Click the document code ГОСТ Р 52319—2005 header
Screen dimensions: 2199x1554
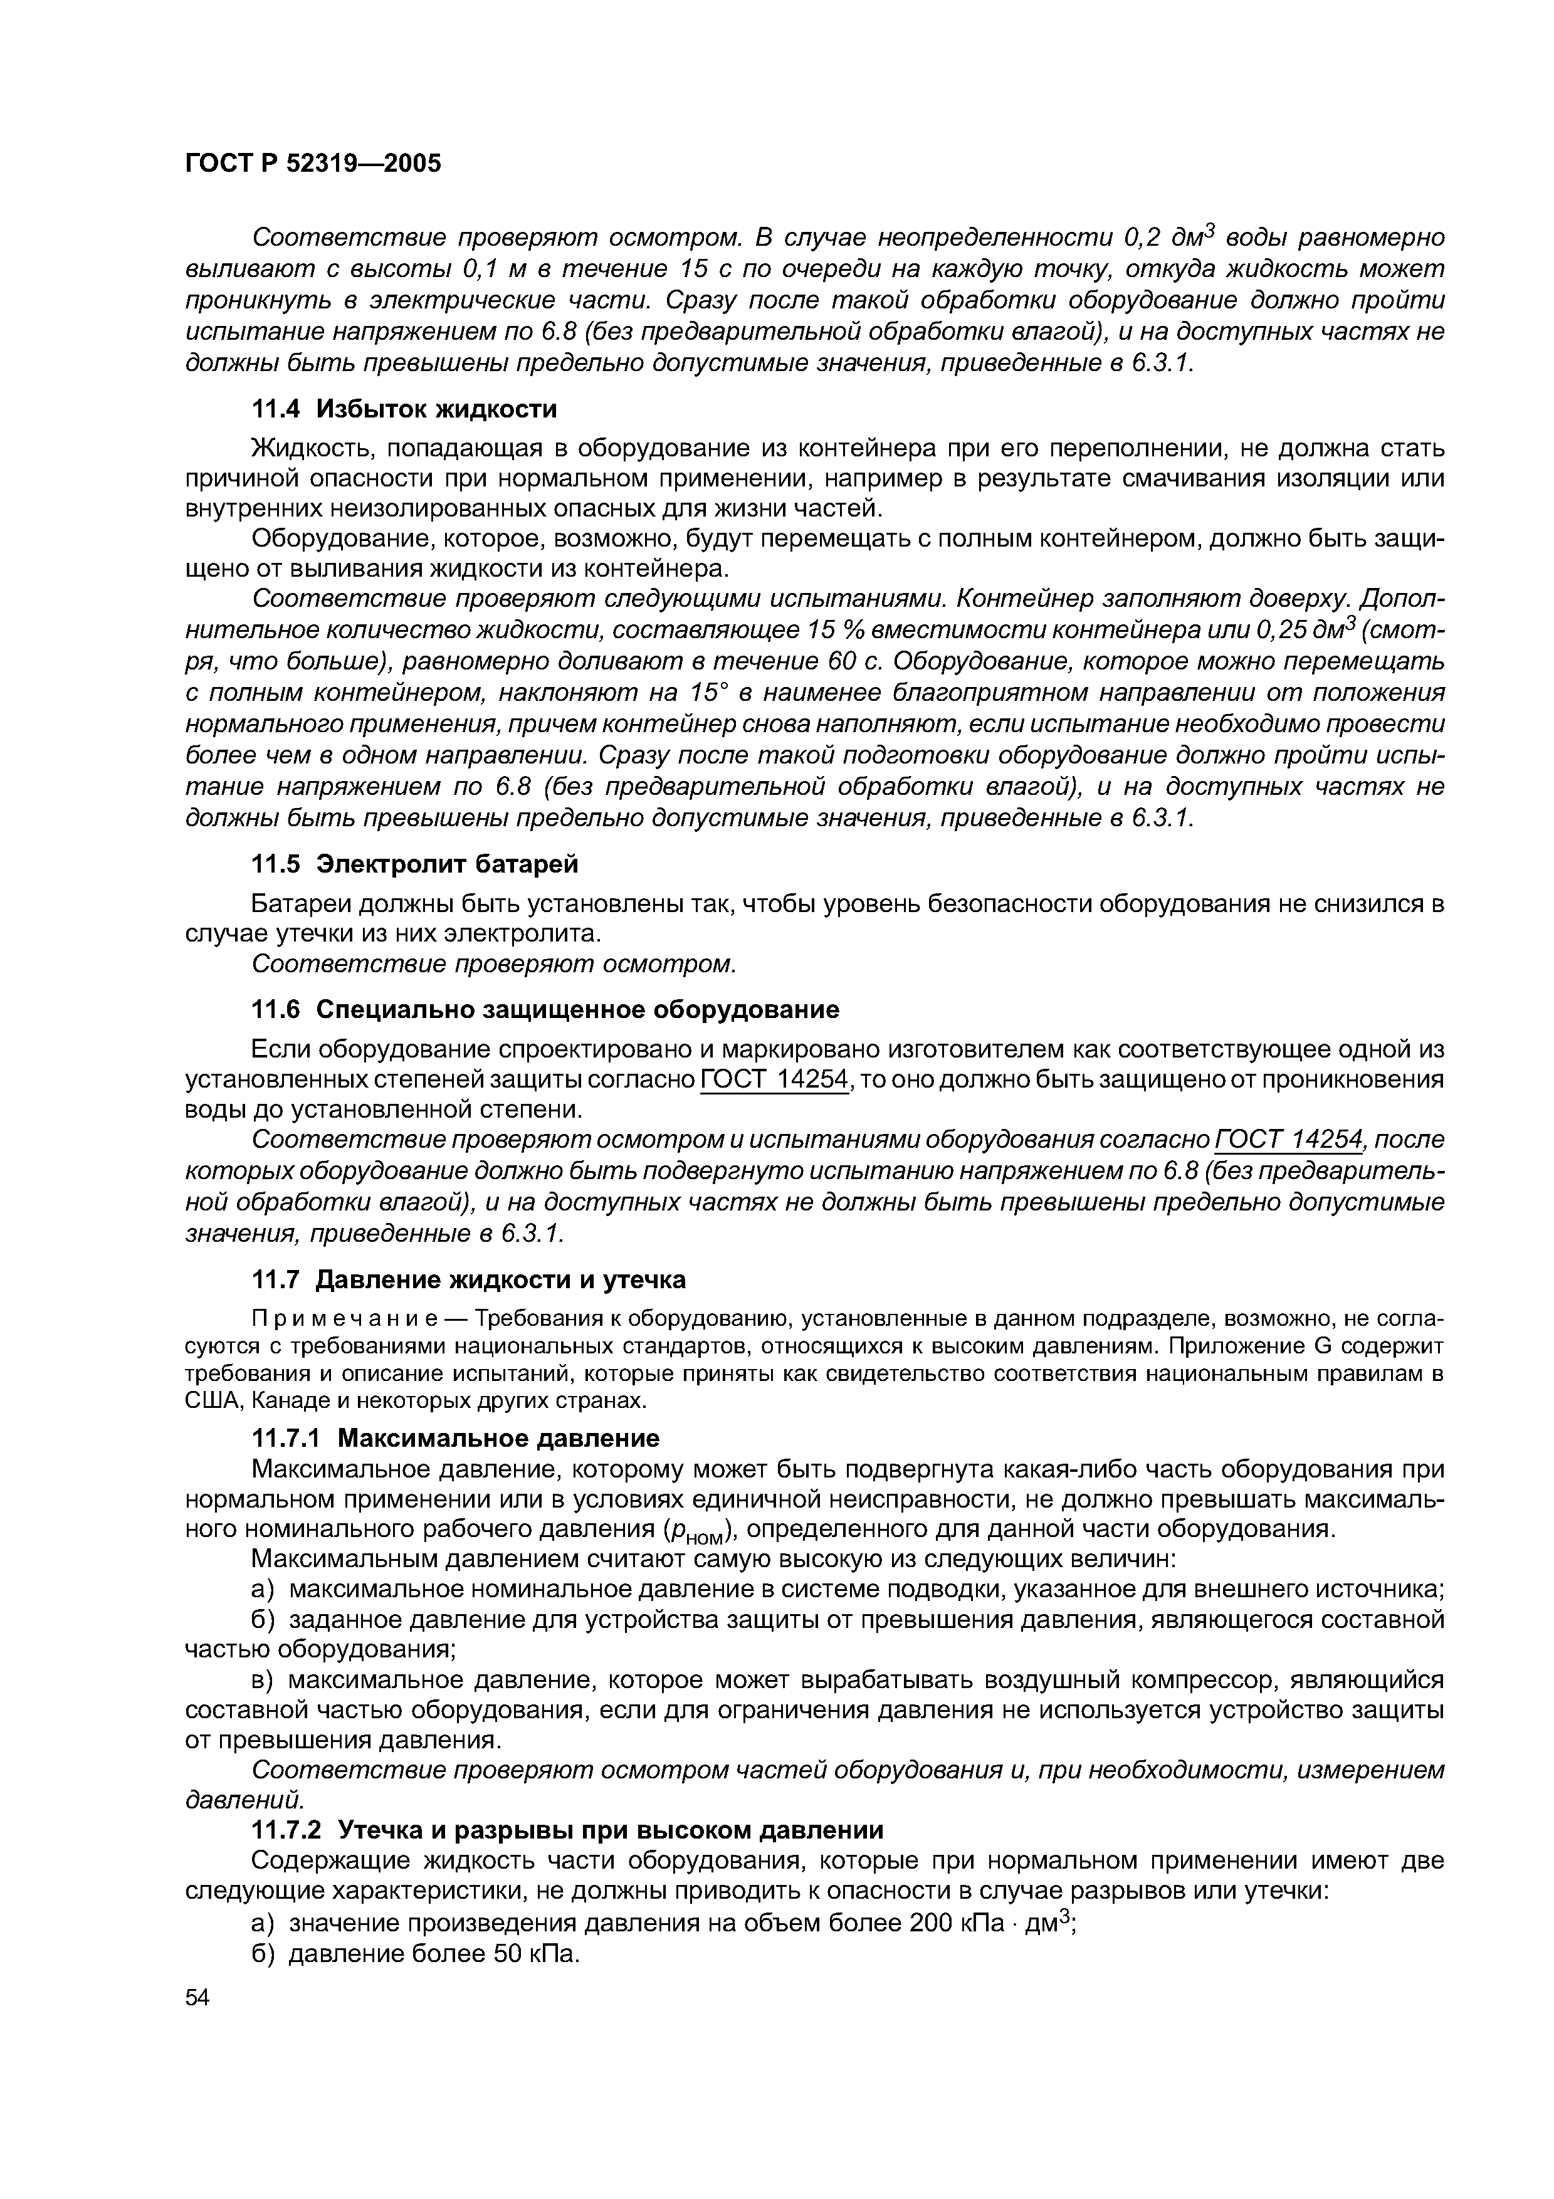[x=313, y=164]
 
